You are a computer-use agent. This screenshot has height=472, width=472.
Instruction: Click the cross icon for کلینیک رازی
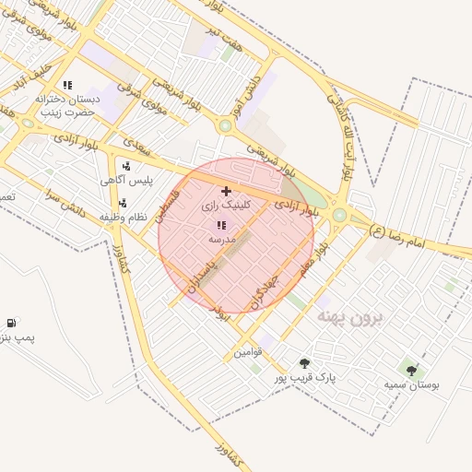226,190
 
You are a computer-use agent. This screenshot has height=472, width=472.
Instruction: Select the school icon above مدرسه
220,225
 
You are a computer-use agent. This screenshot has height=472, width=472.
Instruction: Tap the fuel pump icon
10,323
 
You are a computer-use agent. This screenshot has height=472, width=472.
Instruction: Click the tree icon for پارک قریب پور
305,363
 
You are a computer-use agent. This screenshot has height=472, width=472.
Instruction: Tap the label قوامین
248,352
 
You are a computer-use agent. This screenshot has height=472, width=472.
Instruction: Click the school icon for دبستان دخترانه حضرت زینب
80,85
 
